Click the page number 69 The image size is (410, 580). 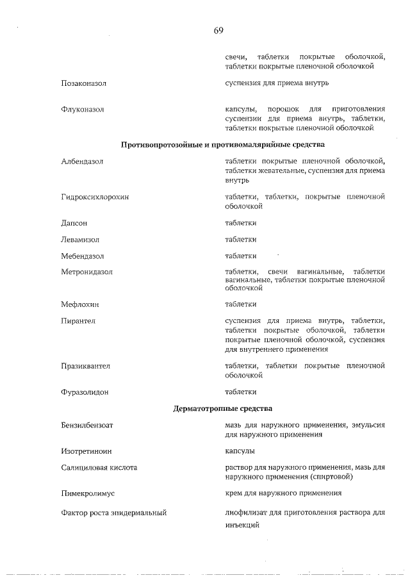pos(218,30)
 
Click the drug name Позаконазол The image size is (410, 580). pos(84,83)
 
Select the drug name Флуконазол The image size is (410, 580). pos(83,110)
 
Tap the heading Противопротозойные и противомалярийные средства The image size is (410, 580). pos(223,145)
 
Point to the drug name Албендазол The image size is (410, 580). pos(82,162)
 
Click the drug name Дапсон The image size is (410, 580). pos(74,223)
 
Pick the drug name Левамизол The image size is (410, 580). pos(80,240)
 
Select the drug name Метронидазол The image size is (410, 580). pos(87,272)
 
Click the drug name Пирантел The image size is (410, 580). pos(78,320)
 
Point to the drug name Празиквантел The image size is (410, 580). pos(86,366)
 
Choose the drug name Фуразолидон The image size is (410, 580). pos(85,392)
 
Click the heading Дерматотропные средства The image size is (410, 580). pos(223,408)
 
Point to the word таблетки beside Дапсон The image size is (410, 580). pos(241,223)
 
